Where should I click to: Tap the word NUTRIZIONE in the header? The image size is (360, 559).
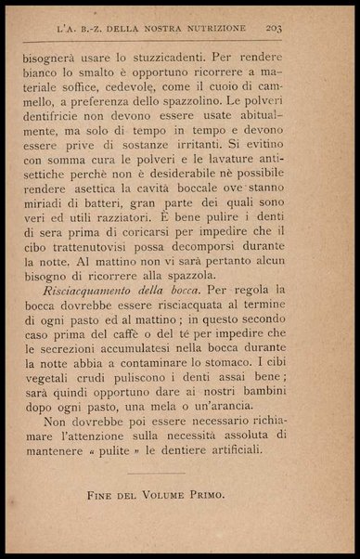pyautogui.click(x=216, y=28)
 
